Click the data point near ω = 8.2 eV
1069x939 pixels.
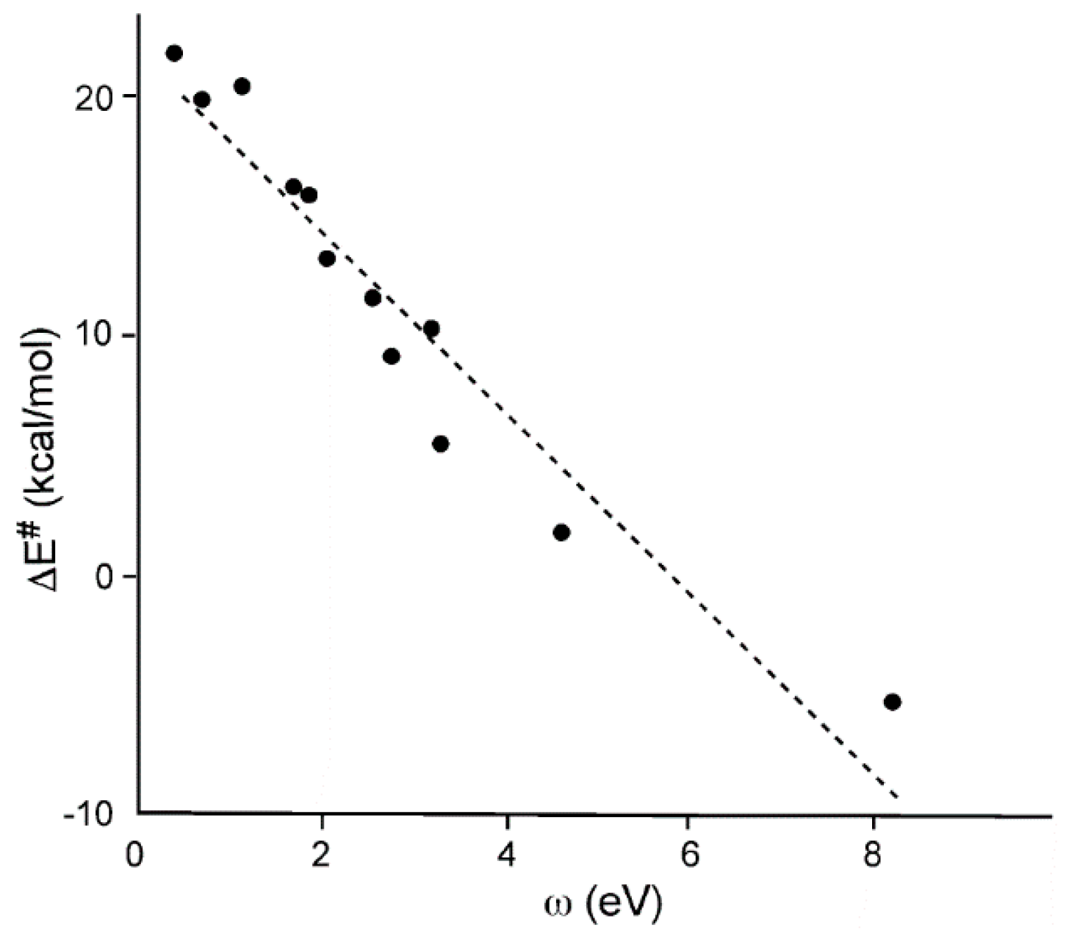click(892, 702)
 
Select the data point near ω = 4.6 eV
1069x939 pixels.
click(561, 533)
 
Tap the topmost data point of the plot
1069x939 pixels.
click(174, 53)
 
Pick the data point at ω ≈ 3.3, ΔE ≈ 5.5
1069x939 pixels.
click(441, 444)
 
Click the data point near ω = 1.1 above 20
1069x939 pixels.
click(242, 86)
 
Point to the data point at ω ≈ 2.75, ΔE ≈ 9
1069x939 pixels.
click(392, 356)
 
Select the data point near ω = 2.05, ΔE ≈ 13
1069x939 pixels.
click(327, 259)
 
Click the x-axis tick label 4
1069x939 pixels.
click(507, 858)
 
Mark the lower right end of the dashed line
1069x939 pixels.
click(897, 797)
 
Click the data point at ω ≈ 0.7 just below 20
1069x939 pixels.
click(202, 99)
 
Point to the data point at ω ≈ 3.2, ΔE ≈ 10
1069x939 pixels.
click(431, 328)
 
